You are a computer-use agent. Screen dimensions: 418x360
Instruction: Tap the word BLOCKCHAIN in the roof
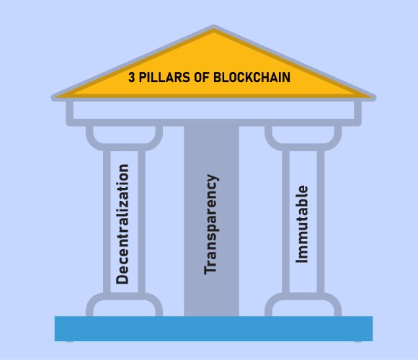(252, 77)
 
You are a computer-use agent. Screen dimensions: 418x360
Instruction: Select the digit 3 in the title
(132, 77)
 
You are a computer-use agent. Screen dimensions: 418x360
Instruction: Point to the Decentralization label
(123, 224)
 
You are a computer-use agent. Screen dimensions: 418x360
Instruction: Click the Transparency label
(211, 224)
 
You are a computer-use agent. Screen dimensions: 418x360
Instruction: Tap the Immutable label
(302, 224)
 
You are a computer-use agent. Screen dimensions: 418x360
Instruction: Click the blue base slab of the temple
(213, 328)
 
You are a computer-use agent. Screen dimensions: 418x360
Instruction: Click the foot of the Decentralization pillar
(124, 305)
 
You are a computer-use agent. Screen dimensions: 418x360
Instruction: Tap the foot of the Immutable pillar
(303, 305)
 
